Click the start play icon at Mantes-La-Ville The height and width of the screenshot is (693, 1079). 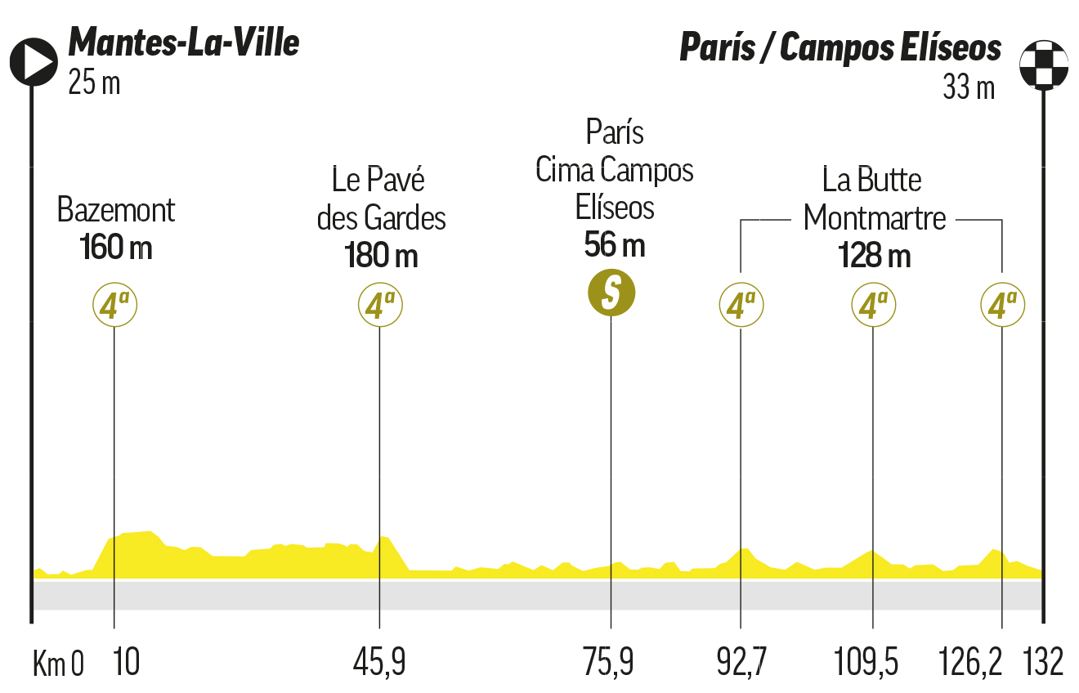point(33,60)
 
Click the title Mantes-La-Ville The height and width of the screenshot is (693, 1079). point(184,42)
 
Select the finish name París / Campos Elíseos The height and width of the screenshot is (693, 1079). point(840,48)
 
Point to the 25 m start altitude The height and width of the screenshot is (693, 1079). point(94,83)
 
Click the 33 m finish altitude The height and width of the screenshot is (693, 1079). point(969,87)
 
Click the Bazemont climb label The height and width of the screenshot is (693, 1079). point(116,211)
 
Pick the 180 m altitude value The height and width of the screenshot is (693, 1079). point(381,256)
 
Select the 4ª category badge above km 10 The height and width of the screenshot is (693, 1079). point(114,306)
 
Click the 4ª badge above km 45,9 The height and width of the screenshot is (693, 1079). point(380,306)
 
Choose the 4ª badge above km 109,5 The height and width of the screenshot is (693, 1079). point(873,306)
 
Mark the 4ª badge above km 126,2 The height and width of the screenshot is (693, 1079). point(1002,306)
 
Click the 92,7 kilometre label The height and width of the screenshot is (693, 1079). point(741,663)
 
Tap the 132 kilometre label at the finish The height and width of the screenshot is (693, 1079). point(1042,663)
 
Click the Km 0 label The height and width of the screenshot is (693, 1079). point(57,664)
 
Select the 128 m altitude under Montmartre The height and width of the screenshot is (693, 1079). point(874,257)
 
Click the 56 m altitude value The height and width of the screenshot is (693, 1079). point(615,244)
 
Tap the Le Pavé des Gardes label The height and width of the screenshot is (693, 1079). point(381,199)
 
